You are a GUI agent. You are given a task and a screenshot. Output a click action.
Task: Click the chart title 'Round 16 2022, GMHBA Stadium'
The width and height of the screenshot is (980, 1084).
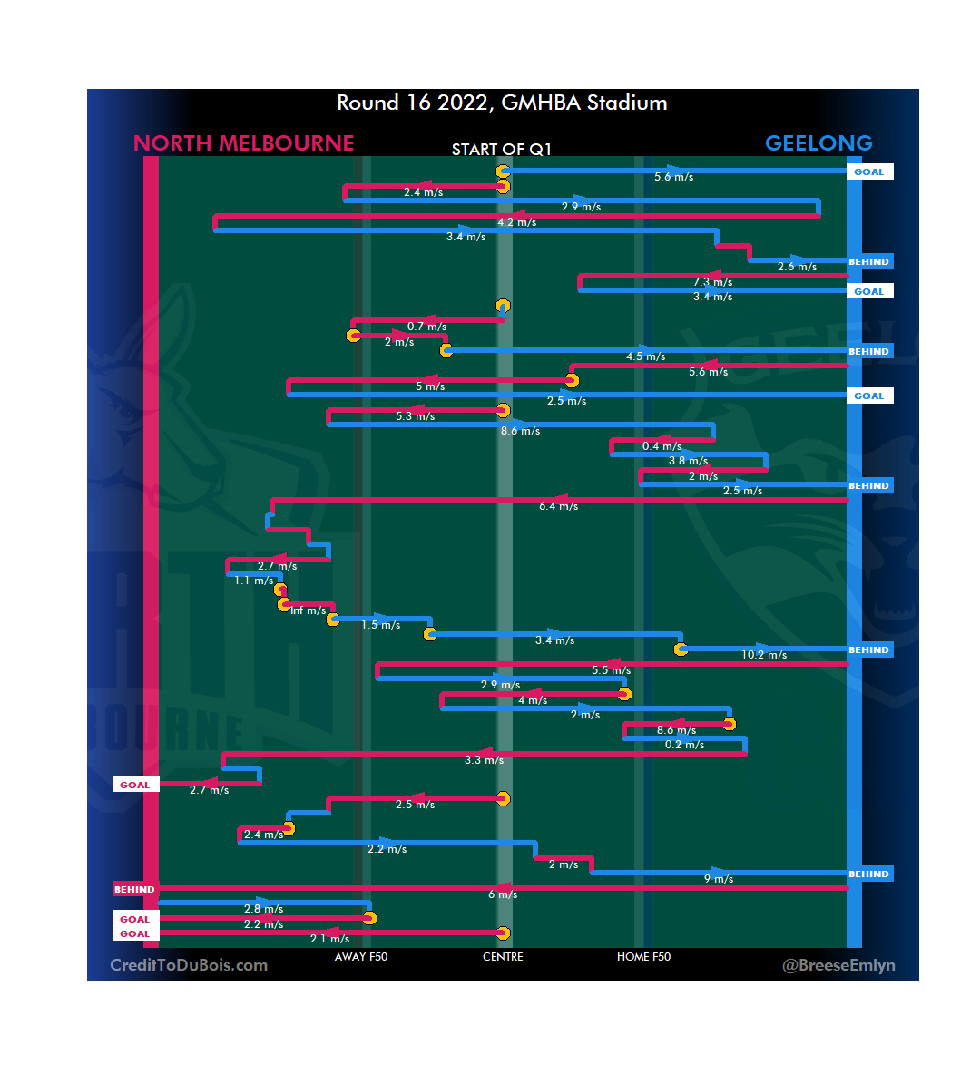click(x=502, y=103)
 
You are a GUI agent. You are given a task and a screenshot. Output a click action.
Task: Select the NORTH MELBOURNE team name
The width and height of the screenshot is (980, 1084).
click(x=243, y=143)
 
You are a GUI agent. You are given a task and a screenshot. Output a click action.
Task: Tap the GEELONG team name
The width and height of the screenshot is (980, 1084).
click(x=818, y=143)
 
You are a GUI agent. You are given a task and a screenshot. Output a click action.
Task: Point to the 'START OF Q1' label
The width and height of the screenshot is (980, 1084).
click(x=502, y=150)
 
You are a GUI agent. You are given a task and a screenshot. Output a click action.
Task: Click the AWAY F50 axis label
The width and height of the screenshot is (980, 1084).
click(x=361, y=957)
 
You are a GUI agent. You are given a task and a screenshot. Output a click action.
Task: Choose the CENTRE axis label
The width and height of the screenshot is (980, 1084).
click(x=503, y=957)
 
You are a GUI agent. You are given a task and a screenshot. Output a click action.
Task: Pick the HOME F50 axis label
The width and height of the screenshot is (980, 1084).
click(x=643, y=957)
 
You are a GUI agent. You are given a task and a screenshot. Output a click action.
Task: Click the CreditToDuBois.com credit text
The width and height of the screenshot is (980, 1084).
click(x=189, y=965)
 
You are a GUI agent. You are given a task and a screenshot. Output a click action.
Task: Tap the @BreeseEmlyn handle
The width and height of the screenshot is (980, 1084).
click(x=838, y=965)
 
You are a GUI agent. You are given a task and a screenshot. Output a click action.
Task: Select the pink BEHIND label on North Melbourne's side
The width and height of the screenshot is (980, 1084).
click(x=134, y=890)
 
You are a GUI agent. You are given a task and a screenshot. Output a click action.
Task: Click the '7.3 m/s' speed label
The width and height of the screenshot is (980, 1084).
click(x=712, y=282)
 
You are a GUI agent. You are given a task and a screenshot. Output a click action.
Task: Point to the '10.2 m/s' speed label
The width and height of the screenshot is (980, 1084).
click(x=764, y=655)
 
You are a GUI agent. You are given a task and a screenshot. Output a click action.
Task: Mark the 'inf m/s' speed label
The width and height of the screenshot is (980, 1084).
click(x=308, y=610)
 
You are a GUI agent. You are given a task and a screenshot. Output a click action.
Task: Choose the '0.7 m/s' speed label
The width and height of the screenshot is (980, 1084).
click(x=426, y=327)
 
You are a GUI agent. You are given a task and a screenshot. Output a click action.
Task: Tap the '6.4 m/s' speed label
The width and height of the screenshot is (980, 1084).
click(x=558, y=506)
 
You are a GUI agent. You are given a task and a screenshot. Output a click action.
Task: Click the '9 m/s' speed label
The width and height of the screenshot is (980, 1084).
click(x=718, y=879)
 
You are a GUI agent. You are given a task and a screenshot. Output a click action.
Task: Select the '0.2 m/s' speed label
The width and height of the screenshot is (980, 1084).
click(x=684, y=745)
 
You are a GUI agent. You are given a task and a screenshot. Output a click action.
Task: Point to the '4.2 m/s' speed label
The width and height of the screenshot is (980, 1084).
click(x=516, y=222)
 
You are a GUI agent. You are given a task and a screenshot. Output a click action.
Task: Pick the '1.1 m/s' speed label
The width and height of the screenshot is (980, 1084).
click(x=253, y=581)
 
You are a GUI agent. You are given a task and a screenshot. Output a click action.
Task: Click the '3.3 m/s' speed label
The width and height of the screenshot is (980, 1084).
click(x=484, y=760)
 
